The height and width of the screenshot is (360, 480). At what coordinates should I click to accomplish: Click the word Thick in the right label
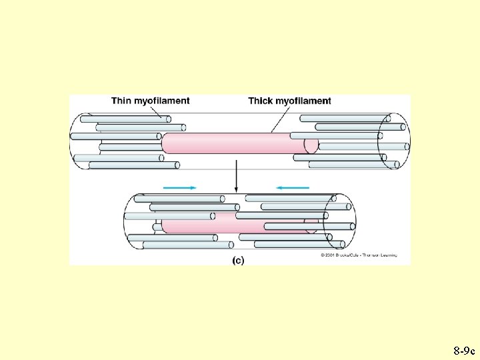pos(261,101)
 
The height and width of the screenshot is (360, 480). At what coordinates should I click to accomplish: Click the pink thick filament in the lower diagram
pos(200,227)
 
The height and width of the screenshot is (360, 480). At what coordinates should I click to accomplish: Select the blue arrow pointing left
pos(293,188)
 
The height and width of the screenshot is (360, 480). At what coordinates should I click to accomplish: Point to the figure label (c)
pos(238,261)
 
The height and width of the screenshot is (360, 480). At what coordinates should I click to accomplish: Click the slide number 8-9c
pos(463,350)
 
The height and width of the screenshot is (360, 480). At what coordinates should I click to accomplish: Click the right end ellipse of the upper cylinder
pos(393,141)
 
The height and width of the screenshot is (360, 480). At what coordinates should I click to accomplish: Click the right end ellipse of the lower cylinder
pos(339,221)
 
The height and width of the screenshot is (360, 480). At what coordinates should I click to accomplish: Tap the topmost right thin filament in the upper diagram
pos(340,119)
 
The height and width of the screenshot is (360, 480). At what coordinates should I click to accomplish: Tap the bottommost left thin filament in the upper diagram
pos(127,165)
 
